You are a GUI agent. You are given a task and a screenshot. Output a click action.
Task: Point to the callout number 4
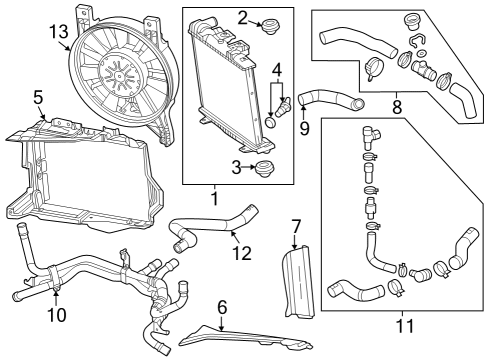tap(275, 70)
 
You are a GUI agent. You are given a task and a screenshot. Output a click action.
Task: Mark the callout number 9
tap(304, 129)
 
